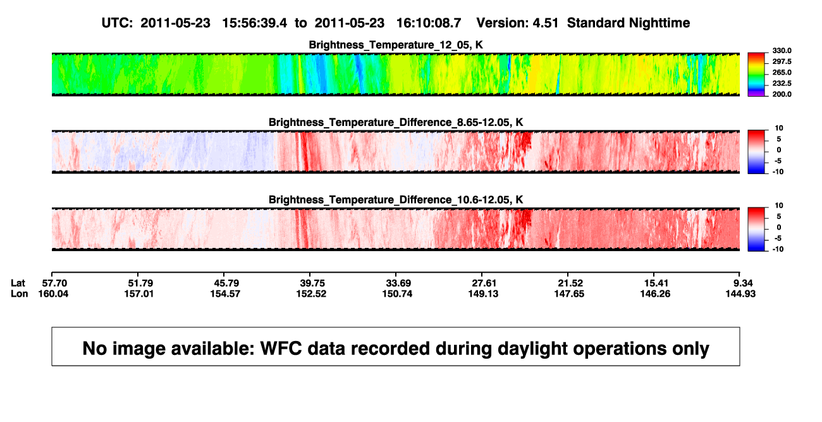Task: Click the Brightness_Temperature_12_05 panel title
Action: (396, 45)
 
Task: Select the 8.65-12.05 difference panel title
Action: (396, 122)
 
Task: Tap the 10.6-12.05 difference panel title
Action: (396, 200)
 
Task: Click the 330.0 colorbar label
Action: (782, 51)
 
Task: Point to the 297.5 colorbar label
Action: (782, 62)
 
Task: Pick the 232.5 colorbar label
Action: (782, 84)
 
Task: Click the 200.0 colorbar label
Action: (782, 94)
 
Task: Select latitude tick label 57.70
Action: (54, 283)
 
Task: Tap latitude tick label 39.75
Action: (312, 283)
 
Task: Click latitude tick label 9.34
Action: (743, 283)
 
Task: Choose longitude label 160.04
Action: (53, 294)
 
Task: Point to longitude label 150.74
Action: (397, 294)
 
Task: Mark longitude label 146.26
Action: (655, 294)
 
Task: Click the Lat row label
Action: (18, 283)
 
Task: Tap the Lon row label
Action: (20, 294)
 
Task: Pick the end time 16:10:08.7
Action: (429, 23)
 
